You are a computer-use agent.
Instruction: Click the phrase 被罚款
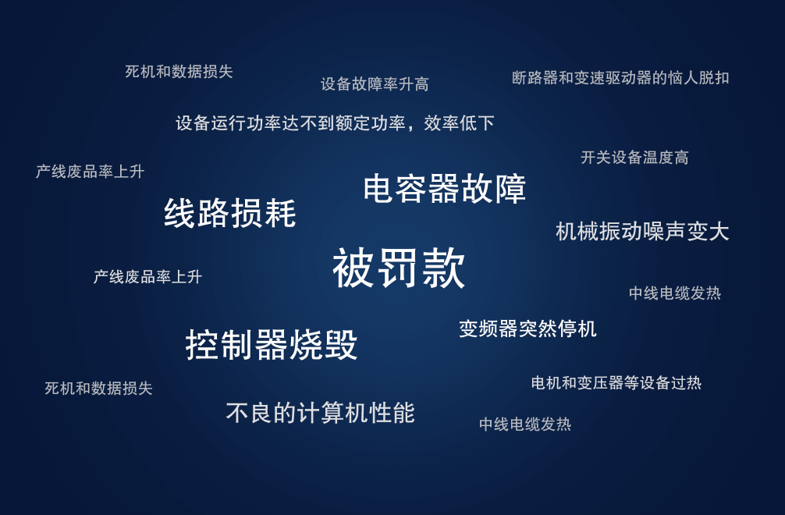pyautogui.click(x=399, y=268)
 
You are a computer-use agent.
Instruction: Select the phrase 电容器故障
pyautogui.click(x=445, y=189)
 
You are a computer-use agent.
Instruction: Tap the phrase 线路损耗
pyautogui.click(x=230, y=213)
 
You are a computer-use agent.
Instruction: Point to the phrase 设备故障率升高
pyautogui.click(x=375, y=83)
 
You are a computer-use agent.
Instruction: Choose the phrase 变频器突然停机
pyautogui.click(x=527, y=329)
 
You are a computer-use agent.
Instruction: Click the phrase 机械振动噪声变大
pyautogui.click(x=642, y=232)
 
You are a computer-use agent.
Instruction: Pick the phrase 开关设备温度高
pyautogui.click(x=634, y=158)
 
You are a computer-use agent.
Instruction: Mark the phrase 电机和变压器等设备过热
pyautogui.click(x=616, y=383)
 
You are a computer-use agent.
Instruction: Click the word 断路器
pyautogui.click(x=535, y=77)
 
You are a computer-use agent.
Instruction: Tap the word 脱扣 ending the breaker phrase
pyautogui.click(x=714, y=77)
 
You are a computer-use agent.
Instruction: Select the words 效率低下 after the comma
pyautogui.click(x=459, y=123)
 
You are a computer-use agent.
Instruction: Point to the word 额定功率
pyautogui.click(x=370, y=123)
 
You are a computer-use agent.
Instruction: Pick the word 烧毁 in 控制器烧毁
pyautogui.click(x=324, y=345)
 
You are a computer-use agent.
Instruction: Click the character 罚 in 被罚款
pyautogui.click(x=399, y=268)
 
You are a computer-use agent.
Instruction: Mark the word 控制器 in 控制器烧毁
pyautogui.click(x=237, y=345)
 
